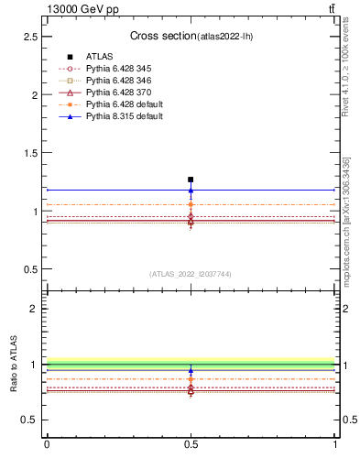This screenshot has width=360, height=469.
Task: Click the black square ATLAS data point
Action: point(191,180)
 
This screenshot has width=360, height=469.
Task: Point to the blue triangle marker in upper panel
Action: point(191,191)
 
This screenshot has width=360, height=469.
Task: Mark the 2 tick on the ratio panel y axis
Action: point(35,309)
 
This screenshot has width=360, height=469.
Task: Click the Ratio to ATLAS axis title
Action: point(14,365)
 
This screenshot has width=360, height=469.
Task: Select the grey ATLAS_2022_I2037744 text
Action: point(191,274)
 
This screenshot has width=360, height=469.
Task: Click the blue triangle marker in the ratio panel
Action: point(191,371)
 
